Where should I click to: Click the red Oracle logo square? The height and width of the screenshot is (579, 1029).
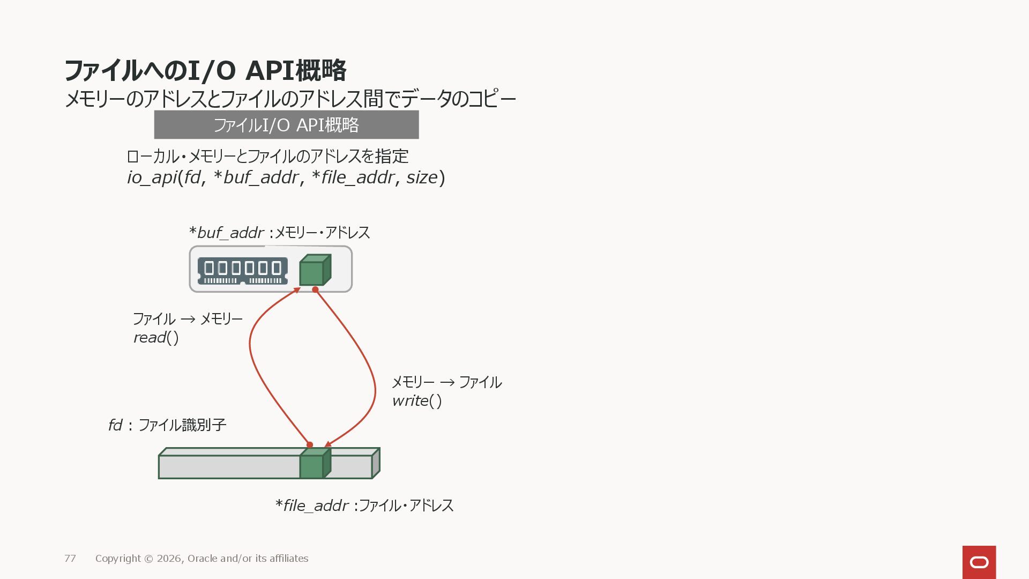click(979, 562)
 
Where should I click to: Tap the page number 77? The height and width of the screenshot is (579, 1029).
click(70, 559)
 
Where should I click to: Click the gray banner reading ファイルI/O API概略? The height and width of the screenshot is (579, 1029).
click(286, 125)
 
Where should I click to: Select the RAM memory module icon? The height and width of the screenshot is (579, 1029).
click(242, 271)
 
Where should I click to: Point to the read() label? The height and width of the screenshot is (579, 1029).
click(156, 338)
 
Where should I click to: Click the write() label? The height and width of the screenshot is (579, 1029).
click(417, 401)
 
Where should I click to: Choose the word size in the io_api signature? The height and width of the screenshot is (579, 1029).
click(422, 177)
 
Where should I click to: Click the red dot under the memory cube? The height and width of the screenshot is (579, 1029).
click(315, 289)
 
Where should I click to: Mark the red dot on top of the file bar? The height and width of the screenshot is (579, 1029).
click(310, 445)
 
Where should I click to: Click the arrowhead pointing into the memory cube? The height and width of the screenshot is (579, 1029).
click(296, 291)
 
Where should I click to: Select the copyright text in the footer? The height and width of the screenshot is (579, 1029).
click(202, 559)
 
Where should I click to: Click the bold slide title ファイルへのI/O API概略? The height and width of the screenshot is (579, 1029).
click(205, 71)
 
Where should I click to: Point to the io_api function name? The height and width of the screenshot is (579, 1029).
click(152, 177)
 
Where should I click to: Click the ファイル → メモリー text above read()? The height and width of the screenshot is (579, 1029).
click(188, 319)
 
